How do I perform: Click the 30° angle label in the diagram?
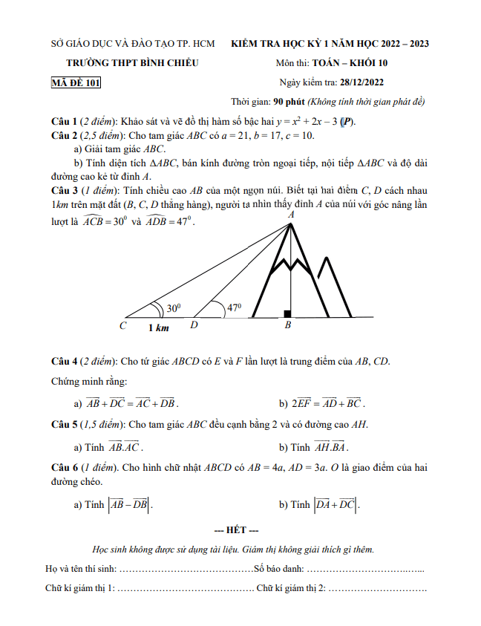click(173, 308)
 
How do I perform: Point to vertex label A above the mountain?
click(290, 214)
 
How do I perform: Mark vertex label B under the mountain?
click(288, 326)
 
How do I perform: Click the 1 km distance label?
click(158, 327)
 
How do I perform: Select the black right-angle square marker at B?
click(287, 314)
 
